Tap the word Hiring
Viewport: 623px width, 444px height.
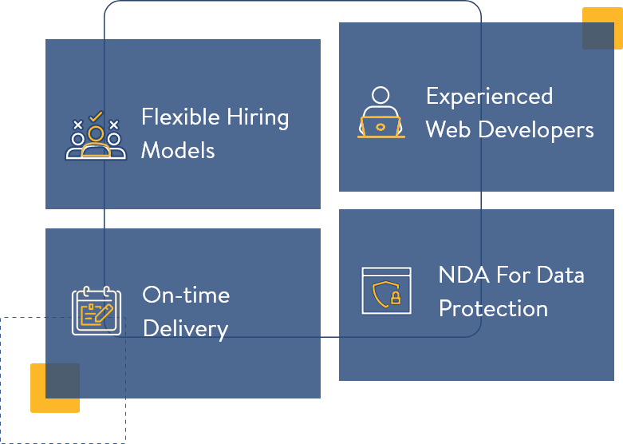256,118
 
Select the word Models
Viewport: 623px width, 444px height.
178,150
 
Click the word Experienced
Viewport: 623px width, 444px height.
489,97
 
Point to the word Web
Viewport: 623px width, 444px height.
448,130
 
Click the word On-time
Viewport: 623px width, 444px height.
186,295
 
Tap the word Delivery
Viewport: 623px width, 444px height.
185,329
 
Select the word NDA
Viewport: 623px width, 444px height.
462,276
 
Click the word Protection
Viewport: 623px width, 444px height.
493,309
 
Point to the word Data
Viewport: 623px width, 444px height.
560,276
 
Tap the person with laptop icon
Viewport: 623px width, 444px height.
381,113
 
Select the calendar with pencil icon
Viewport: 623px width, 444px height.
97,311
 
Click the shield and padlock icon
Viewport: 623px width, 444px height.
386,291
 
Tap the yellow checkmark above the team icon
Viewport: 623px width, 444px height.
96,117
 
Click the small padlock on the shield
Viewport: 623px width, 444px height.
395,299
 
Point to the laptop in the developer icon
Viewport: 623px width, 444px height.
381,127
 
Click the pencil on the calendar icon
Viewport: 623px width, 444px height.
103,313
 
